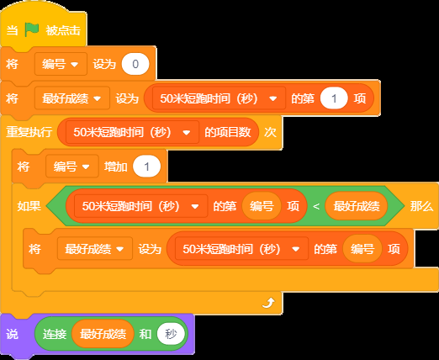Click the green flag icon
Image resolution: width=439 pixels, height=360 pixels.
(31, 29)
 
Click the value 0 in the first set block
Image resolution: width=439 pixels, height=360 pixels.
(135, 64)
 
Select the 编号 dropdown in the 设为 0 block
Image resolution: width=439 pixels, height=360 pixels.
(61, 64)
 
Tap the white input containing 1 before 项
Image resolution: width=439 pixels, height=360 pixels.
(334, 98)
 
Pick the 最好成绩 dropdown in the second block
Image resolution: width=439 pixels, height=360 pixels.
(71, 98)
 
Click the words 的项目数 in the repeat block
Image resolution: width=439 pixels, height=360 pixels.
(228, 132)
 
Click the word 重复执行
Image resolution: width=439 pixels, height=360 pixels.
(29, 132)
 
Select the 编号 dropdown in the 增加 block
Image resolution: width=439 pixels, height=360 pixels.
(72, 167)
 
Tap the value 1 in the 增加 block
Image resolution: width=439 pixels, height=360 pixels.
(146, 167)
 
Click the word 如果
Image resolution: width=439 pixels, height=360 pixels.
(29, 206)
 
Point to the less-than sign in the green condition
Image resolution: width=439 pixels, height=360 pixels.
(316, 206)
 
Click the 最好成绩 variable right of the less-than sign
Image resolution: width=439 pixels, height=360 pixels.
(357, 206)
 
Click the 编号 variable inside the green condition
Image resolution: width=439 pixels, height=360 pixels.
(262, 206)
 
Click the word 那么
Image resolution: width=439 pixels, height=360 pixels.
(421, 206)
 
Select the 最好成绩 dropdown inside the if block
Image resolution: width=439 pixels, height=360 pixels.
(95, 249)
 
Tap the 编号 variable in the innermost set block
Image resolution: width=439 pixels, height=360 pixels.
(362, 249)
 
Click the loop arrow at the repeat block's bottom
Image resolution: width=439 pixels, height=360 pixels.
(268, 303)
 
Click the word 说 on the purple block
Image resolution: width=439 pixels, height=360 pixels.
(12, 334)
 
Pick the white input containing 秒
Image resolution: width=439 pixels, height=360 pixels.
(171, 334)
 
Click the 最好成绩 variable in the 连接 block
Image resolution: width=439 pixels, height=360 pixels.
(103, 334)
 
